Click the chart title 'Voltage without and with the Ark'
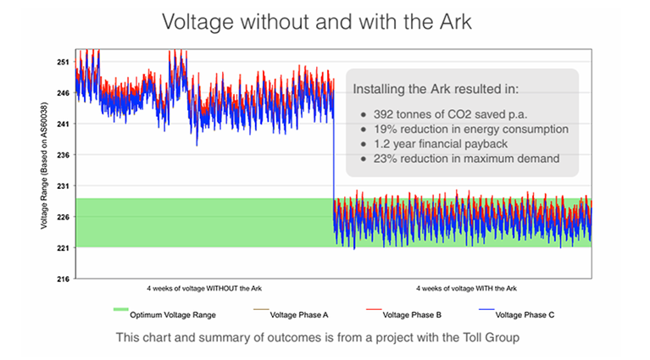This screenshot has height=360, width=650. pos(325,20)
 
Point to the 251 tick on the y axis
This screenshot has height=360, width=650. pos(63,62)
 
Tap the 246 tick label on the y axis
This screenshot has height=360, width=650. pos(63,93)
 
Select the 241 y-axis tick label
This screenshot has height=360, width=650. pos(63,124)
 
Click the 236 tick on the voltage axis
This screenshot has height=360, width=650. pos(63,155)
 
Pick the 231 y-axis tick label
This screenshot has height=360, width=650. pos(63,186)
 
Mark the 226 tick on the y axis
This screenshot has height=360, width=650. pos(63,217)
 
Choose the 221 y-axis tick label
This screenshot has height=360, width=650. pos(63,247)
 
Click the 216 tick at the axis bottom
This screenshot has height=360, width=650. pos(63,278)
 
